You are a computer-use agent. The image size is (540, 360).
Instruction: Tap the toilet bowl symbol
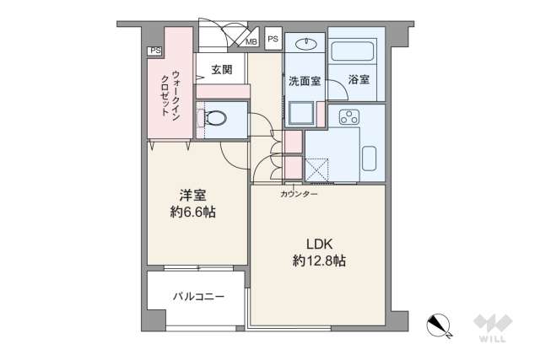click(214, 118)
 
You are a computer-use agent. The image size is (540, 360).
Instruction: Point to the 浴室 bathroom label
click(359, 81)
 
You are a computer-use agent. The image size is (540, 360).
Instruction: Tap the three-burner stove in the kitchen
click(348, 116)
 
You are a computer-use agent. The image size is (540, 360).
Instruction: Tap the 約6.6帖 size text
click(192, 212)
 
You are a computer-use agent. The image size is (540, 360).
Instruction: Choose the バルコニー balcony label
click(197, 298)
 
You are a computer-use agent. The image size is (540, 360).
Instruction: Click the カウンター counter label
click(300, 194)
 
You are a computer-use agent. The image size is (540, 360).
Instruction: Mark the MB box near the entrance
click(251, 40)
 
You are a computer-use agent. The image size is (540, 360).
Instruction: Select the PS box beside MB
click(273, 38)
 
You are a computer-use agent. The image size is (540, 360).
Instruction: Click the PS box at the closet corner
click(154, 51)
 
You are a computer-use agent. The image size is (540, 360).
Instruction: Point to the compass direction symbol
click(439, 324)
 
